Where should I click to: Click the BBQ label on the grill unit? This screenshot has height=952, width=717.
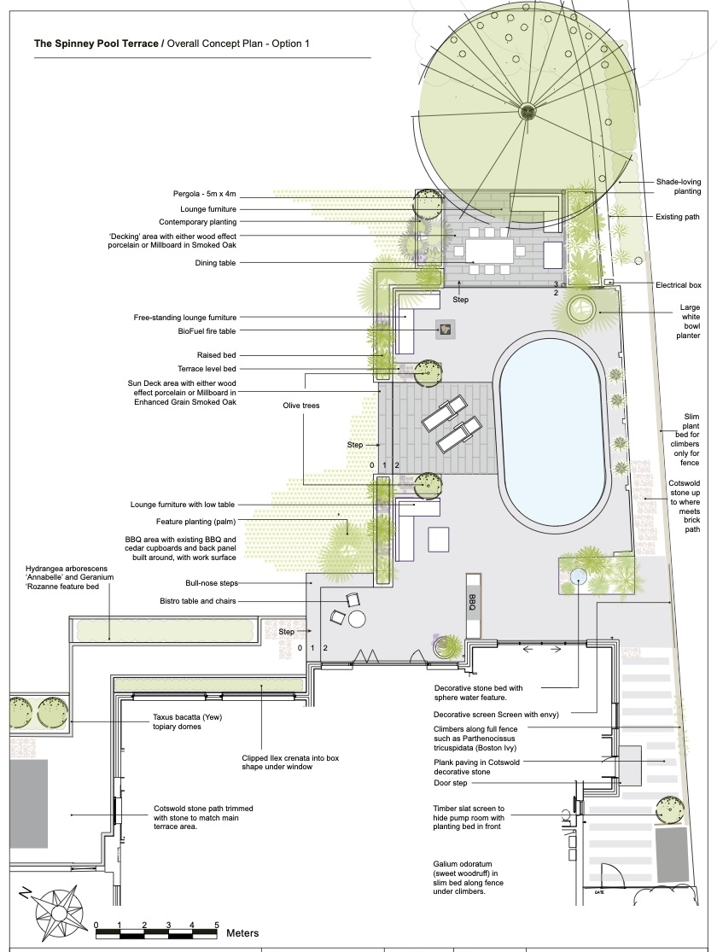pos(472,602)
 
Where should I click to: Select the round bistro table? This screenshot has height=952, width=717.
pos(357,619)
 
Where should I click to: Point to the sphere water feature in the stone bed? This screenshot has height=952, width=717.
pos(578,575)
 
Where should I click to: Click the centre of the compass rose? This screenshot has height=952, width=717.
pos(59,912)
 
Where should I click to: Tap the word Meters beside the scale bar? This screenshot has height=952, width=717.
pos(242,933)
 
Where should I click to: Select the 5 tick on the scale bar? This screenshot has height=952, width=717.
pos(216,926)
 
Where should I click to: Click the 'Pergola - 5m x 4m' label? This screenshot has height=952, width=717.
pos(205,195)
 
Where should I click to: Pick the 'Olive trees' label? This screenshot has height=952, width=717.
pos(301,406)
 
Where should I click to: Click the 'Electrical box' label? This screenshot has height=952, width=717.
pos(678,285)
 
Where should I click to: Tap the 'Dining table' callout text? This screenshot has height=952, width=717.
pos(215,263)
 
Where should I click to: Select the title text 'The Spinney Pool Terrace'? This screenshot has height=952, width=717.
pos(96,44)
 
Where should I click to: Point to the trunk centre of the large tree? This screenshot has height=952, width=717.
pos(527,111)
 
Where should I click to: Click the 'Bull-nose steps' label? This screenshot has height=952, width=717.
pos(212,583)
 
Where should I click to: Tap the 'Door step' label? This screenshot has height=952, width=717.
pos(451,783)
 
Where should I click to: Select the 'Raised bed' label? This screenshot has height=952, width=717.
pos(217,355)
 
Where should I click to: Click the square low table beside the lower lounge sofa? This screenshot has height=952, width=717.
pos(439,539)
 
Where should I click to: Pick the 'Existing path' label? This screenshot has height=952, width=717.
pos(678,217)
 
